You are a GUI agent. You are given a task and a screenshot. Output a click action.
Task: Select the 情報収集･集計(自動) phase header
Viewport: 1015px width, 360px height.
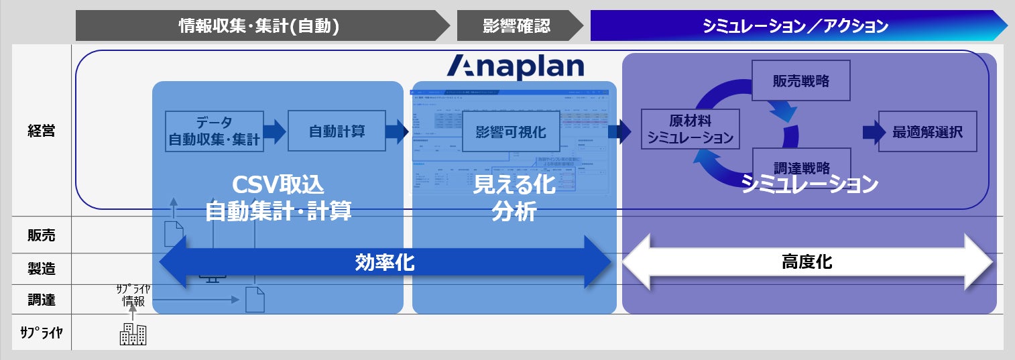coord(259,26)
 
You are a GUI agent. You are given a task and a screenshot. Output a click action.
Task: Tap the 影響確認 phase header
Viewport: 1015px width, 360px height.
coord(516,26)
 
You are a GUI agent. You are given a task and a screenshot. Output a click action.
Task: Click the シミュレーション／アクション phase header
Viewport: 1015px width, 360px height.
coord(795,26)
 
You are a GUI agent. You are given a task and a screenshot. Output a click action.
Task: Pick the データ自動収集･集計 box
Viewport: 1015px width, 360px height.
coord(215,131)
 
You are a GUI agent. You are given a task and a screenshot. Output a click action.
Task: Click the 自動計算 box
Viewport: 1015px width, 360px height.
coord(337,131)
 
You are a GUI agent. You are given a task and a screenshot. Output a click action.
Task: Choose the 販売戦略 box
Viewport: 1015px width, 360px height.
coord(800,81)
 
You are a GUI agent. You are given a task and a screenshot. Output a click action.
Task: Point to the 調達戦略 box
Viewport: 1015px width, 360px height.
coord(800,168)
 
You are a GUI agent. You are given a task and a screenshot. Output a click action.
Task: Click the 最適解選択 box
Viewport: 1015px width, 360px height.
coord(927,131)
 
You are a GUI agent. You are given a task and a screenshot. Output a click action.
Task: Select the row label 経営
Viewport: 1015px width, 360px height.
coord(42,131)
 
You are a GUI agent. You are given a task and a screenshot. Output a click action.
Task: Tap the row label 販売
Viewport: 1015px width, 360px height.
coord(42,235)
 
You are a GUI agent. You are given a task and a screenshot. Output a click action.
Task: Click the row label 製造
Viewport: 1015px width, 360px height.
coord(42,269)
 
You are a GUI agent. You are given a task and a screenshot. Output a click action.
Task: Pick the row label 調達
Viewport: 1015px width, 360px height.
coord(42,300)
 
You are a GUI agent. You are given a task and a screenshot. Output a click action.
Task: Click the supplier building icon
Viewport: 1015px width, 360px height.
coord(133,333)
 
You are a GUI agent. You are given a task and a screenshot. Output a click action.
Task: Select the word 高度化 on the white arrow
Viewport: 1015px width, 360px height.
coord(807,262)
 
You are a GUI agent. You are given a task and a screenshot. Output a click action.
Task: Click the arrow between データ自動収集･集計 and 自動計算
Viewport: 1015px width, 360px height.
coord(275,131)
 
